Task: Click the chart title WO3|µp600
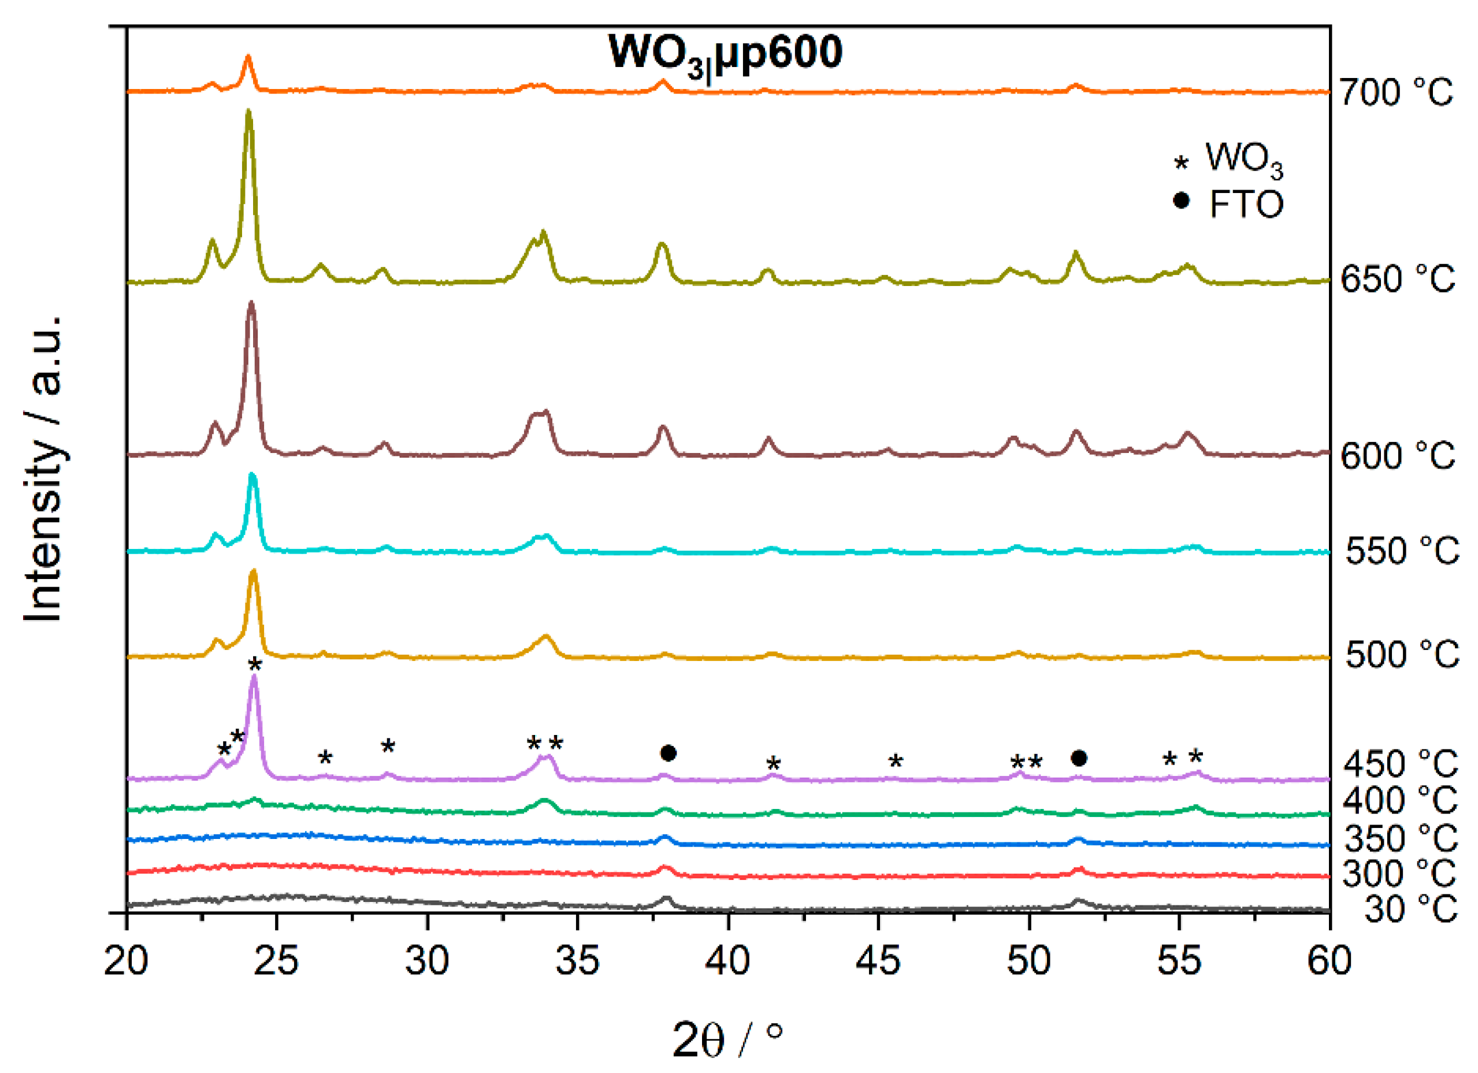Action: pyautogui.click(x=725, y=54)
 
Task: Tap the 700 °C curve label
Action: pyautogui.click(x=1395, y=92)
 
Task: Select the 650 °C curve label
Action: pyautogui.click(x=1397, y=279)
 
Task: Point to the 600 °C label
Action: pyautogui.click(x=1397, y=455)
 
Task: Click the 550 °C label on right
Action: pyautogui.click(x=1401, y=551)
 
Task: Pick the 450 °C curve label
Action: pyautogui.click(x=1400, y=763)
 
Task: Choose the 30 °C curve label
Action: pyautogui.click(x=1410, y=909)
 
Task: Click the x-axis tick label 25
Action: pyautogui.click(x=276, y=961)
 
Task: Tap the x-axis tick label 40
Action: pyautogui.click(x=727, y=961)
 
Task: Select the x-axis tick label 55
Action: pyautogui.click(x=1178, y=961)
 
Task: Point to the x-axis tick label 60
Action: pyautogui.click(x=1329, y=961)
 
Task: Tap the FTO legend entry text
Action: pyautogui.click(x=1245, y=205)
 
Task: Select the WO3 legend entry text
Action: pyautogui.click(x=1243, y=158)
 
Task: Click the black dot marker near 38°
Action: pyautogui.click(x=668, y=753)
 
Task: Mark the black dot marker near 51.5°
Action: pyautogui.click(x=1079, y=758)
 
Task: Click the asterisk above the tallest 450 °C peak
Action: pyautogui.click(x=255, y=665)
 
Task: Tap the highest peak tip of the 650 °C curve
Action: pyautogui.click(x=248, y=112)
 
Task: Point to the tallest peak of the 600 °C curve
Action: pyautogui.click(x=251, y=303)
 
